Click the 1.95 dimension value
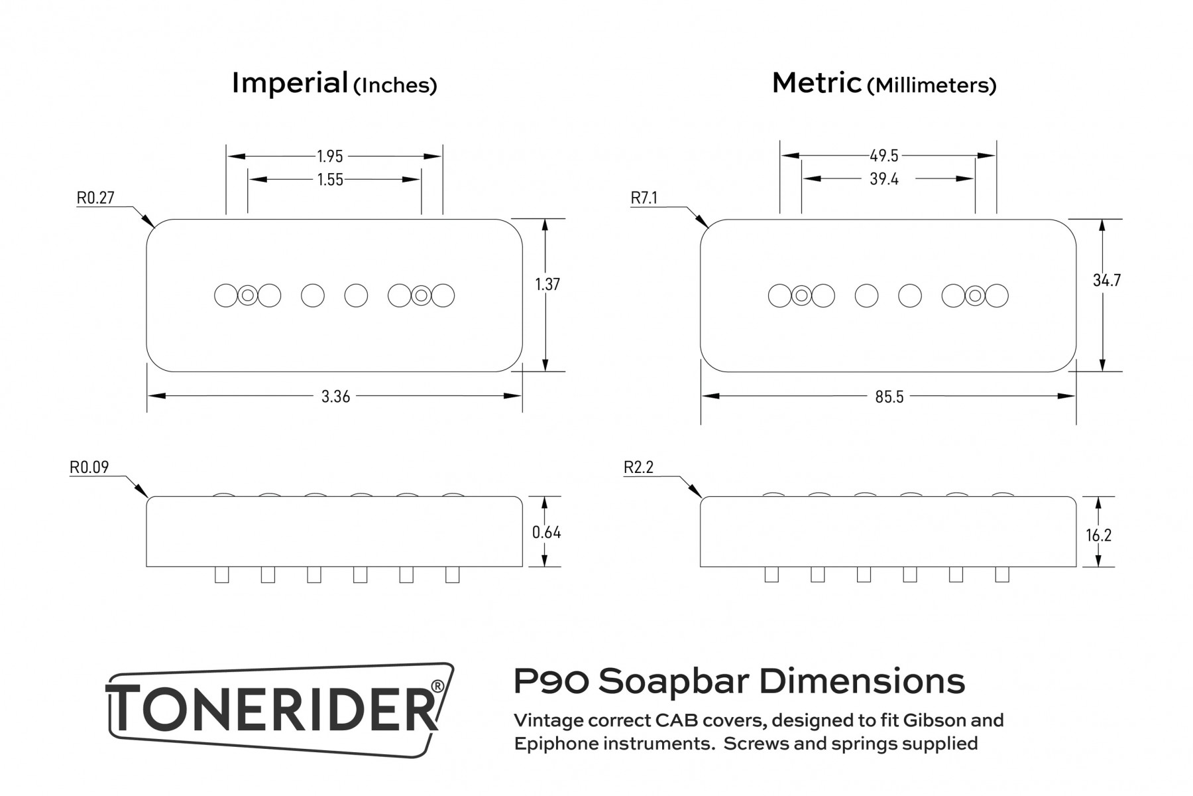click(x=330, y=157)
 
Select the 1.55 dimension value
click(x=330, y=180)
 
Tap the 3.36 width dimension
click(x=335, y=397)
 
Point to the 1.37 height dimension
click(x=547, y=285)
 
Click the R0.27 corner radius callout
click(x=96, y=198)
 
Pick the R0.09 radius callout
click(x=89, y=468)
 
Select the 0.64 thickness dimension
click(x=546, y=533)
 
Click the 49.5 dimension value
click(x=884, y=156)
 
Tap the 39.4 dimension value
click(x=884, y=179)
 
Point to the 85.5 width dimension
click(x=889, y=397)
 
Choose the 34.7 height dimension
click(x=1107, y=281)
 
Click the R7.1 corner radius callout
click(x=644, y=198)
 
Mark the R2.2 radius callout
click(x=639, y=468)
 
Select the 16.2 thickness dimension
click(x=1098, y=535)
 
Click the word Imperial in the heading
click(x=290, y=84)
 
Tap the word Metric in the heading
click(x=817, y=84)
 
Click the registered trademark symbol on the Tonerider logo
click(x=437, y=685)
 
